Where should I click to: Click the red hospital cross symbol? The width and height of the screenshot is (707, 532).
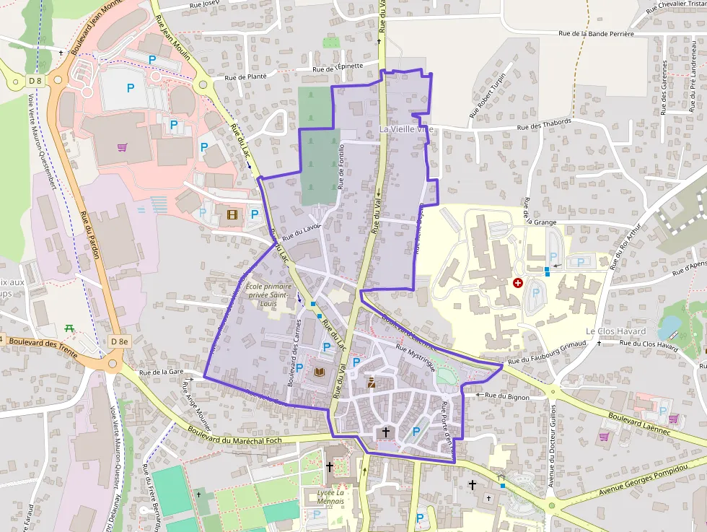pyautogui.click(x=517, y=283)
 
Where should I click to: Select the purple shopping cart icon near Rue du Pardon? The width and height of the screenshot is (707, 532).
pyautogui.click(x=123, y=147)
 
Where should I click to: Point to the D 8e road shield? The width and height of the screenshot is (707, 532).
pyautogui.click(x=120, y=341)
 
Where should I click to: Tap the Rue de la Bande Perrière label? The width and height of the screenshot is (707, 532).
pyautogui.click(x=597, y=33)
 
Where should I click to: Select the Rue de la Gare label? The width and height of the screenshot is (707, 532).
pyautogui.click(x=159, y=372)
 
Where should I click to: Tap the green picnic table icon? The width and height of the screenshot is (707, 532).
pyautogui.click(x=69, y=328)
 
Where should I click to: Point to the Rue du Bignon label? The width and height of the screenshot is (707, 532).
pyautogui.click(x=507, y=396)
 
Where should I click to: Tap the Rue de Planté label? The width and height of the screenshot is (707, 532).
pyautogui.click(x=246, y=77)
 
